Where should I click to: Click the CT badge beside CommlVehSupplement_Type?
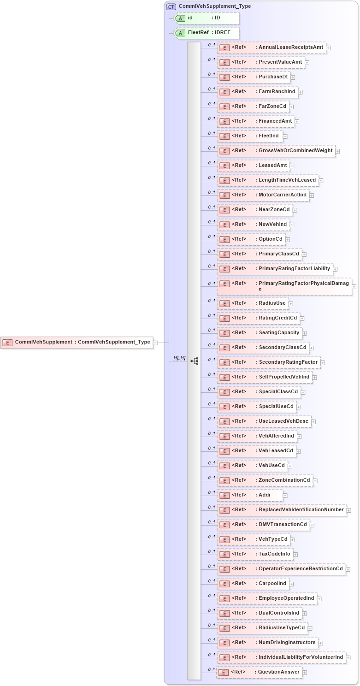171,6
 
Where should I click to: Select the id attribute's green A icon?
180,18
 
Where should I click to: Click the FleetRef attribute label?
198,33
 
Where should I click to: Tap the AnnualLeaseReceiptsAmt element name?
290,47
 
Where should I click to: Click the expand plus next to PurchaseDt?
293,77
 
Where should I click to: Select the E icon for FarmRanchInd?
224,92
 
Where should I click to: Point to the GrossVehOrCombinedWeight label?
295,150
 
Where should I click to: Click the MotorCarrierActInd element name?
282,195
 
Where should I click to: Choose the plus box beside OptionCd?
288,239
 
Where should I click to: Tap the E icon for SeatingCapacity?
224,333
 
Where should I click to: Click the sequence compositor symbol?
195,361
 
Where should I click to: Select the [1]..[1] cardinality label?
179,358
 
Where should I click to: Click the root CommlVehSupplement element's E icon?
7,342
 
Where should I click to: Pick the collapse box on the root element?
155,342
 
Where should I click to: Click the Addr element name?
265,495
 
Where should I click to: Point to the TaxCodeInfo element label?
274,554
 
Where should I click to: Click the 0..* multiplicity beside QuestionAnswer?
211,669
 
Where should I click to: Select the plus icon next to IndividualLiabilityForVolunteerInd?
348,657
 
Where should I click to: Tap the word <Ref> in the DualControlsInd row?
239,613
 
